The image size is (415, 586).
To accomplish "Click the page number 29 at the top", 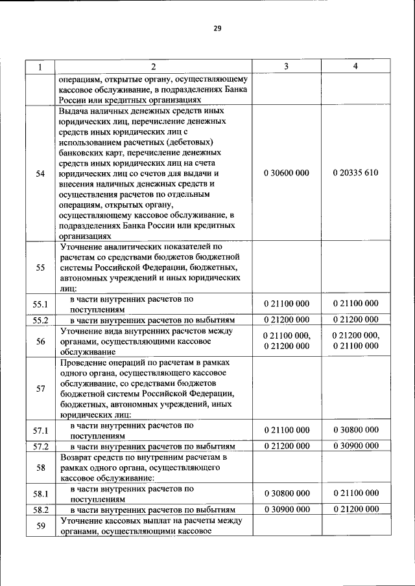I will (x=217, y=28).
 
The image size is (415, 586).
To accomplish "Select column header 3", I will (x=287, y=66).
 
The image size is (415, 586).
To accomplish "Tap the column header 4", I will (x=355, y=66).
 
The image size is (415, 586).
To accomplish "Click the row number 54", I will (x=40, y=174).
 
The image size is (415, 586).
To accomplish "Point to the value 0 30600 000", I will (x=287, y=174).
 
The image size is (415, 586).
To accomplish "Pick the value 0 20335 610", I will (x=355, y=174).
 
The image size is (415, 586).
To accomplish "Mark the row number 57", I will (x=40, y=389).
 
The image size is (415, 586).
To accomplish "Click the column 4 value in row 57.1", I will (x=355, y=431).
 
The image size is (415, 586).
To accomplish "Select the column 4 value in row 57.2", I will (x=355, y=446).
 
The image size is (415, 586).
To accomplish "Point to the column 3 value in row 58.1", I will (x=287, y=493).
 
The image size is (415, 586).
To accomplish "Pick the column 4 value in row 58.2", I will (x=355, y=509).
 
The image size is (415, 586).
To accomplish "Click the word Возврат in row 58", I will (x=77, y=457).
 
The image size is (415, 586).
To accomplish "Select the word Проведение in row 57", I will (x=83, y=363).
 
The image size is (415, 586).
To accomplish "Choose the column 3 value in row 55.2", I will (x=287, y=320).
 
